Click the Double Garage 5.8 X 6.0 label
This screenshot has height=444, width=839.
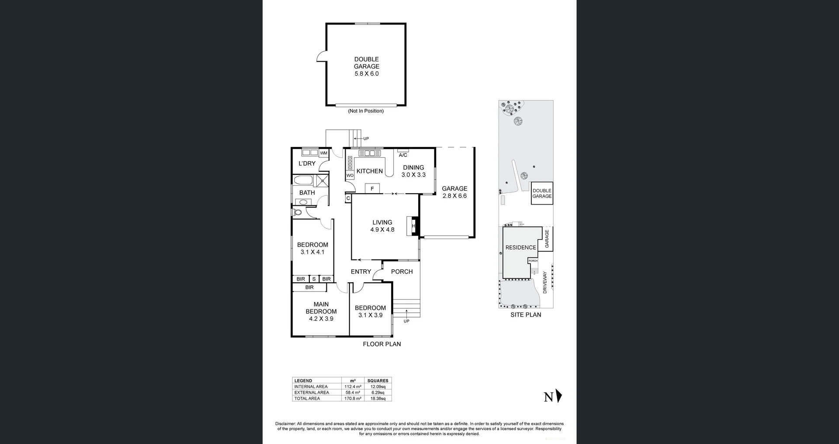tap(366, 66)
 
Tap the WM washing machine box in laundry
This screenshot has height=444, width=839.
tap(323, 153)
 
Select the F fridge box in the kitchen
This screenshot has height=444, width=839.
tap(372, 188)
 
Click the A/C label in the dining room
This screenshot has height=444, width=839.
tap(403, 155)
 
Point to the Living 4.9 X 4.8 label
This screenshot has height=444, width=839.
tap(382, 226)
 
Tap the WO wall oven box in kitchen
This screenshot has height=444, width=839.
tap(350, 175)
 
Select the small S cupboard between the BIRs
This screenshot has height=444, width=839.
tap(314, 279)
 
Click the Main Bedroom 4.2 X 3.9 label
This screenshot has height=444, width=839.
tap(321, 311)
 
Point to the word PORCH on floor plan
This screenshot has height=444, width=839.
tap(402, 271)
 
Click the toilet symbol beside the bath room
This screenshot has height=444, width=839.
tap(298, 213)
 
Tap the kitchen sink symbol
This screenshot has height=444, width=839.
tap(370, 153)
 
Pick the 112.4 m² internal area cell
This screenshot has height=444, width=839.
tap(353, 387)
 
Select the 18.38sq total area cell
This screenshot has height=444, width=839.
tap(378, 399)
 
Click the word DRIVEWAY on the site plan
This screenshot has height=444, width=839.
tap(544, 282)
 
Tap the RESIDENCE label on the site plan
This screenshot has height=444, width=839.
tap(520, 247)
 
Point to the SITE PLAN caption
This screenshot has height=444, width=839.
tap(526, 315)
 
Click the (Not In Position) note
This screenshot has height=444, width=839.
tap(366, 111)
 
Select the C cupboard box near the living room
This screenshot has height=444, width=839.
tap(348, 198)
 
